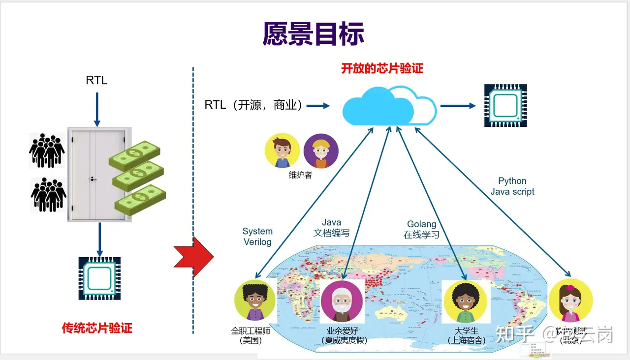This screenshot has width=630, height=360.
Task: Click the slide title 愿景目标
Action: tap(313, 34)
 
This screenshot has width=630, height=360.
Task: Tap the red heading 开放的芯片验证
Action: tap(382, 68)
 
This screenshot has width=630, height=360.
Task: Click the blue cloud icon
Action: tap(389, 105)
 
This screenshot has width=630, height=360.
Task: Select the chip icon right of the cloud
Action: tap(505, 105)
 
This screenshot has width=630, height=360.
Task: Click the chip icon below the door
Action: tap(99, 278)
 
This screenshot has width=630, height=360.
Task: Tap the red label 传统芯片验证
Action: tap(97, 328)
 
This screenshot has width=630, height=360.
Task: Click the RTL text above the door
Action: tap(96, 80)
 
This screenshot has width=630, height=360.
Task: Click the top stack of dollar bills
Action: tap(134, 155)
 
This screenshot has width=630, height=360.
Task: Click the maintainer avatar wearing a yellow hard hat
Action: tap(321, 151)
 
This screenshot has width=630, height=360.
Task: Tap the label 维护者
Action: tap(300, 175)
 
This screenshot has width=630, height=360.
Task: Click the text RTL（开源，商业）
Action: tap(254, 105)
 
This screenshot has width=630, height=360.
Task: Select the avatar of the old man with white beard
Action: tap(342, 301)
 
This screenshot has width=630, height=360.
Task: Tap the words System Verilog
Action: tap(257, 237)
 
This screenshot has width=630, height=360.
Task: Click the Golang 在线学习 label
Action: tap(421, 230)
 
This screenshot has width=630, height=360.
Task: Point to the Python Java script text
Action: tap(512, 186)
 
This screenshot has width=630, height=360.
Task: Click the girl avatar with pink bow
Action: tap(570, 300)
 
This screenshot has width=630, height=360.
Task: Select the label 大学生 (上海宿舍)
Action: tap(467, 335)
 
